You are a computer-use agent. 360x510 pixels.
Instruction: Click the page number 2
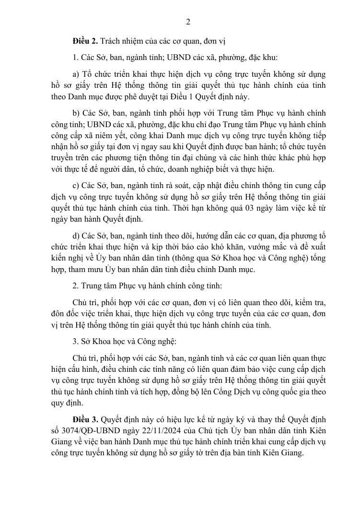(188, 21)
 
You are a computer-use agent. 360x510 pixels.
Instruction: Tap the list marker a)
(76, 74)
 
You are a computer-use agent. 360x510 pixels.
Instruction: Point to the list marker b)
(76, 113)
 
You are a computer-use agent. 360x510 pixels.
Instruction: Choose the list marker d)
(76, 236)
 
